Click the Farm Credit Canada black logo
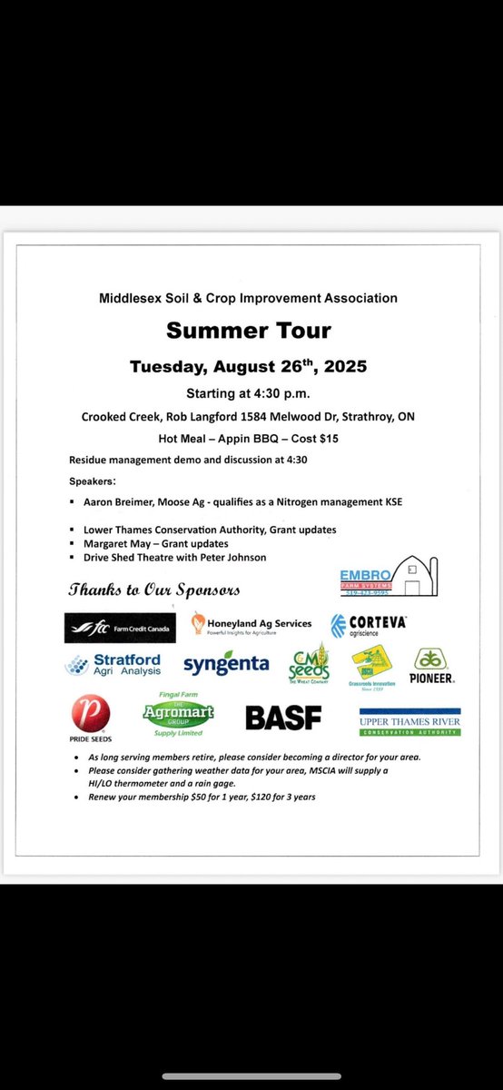[120, 627]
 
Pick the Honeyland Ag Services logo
[251, 625]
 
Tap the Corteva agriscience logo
[369, 625]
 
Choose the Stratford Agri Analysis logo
[113, 665]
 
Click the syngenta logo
[226, 665]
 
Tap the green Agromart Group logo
[178, 714]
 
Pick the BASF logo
[283, 718]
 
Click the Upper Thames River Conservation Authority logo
[409, 721]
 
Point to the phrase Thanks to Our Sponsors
[154, 590]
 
